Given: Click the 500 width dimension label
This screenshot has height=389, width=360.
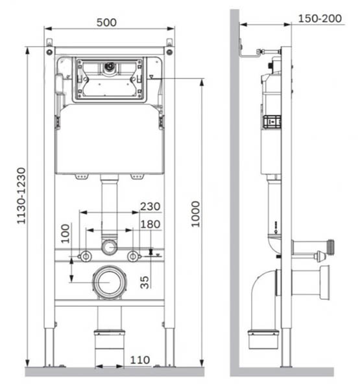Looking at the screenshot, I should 106,22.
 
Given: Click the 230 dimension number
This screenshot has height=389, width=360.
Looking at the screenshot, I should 150,207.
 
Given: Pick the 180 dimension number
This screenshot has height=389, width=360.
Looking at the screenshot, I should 150,224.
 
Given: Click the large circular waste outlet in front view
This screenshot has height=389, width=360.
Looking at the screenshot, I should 109,283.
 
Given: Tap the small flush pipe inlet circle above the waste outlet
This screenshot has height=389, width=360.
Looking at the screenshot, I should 109,247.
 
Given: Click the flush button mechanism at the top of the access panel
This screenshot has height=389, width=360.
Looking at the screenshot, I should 110,66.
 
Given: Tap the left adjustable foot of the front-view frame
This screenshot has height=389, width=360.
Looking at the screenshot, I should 49,347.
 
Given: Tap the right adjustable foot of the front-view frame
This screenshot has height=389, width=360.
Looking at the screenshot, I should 169,347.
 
